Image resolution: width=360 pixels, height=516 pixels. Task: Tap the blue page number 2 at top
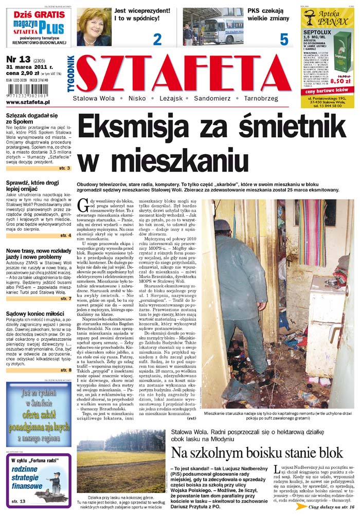click(x=157, y=39)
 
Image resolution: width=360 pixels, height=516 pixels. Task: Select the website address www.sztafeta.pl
click(x=32, y=102)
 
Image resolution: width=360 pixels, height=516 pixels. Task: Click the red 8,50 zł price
click(x=333, y=81)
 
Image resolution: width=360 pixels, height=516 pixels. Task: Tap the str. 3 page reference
click(x=65, y=168)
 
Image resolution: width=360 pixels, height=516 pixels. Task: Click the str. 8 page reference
click(x=65, y=370)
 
